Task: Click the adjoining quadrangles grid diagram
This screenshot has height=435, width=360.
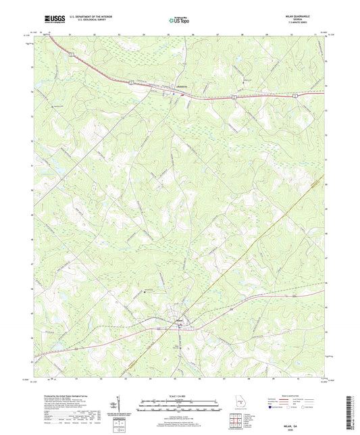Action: [x=234, y=422]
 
